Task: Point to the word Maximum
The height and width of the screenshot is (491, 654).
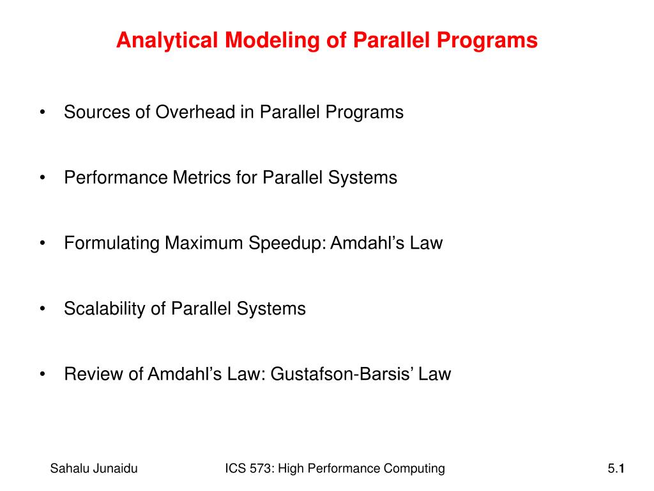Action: pyautogui.click(x=204, y=244)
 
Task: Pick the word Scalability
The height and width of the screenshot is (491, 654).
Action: pyautogui.click(x=105, y=309)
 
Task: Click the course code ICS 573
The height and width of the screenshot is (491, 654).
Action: pyautogui.click(x=248, y=469)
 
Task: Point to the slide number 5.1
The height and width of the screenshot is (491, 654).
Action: pyautogui.click(x=616, y=469)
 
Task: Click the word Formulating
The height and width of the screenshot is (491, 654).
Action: pyautogui.click(x=112, y=244)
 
